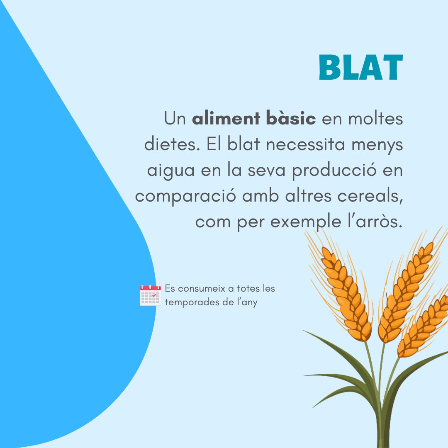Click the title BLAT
[360, 68]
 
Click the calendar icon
[150, 295]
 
